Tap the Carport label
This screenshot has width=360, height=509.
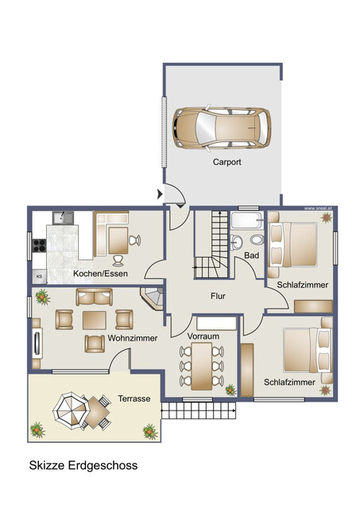(226, 161)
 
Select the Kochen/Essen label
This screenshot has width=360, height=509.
(100, 274)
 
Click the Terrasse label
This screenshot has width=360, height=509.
(134, 398)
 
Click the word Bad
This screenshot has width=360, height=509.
(251, 255)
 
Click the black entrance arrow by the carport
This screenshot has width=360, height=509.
(161, 193)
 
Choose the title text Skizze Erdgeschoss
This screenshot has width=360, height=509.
(83, 465)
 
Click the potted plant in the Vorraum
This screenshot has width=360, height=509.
(230, 390)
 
